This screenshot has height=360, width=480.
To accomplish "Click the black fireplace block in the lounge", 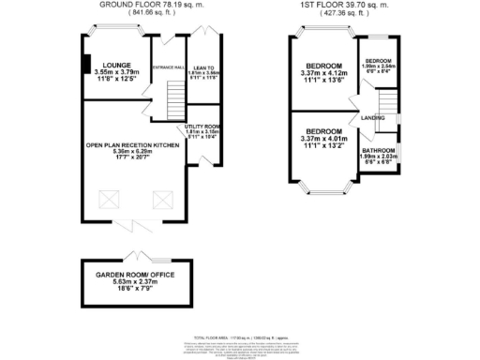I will tap(85, 65).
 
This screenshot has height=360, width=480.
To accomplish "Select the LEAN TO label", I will tap(203, 67).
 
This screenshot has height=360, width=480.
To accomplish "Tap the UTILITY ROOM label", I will tap(202, 126).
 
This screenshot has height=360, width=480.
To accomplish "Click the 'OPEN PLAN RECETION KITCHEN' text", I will tap(132, 145).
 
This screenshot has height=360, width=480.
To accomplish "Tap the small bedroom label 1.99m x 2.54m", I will tap(380, 67).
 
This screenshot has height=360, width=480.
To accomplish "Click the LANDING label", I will tap(373, 117).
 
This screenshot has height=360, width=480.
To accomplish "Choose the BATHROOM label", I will tap(379, 150).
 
